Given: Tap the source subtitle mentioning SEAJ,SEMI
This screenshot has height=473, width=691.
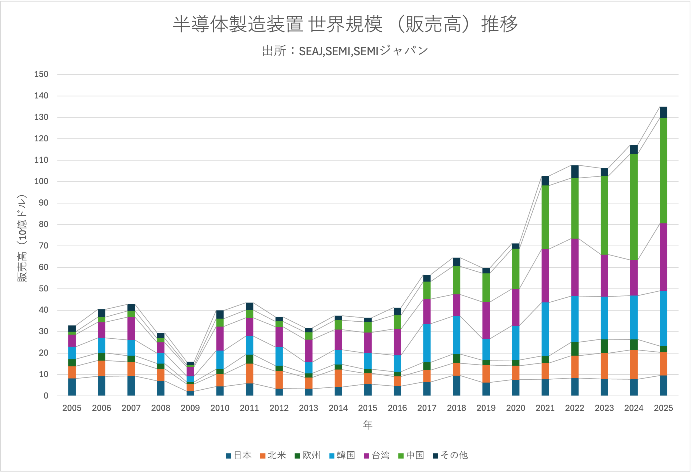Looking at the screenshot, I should pos(345,51).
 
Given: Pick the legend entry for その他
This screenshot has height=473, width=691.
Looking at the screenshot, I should pos(450,455).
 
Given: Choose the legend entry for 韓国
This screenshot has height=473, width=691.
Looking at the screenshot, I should pos(342,455).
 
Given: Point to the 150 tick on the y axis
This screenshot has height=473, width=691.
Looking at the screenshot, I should pos(41,74).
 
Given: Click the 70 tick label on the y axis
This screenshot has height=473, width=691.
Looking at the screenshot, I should pos(43,246).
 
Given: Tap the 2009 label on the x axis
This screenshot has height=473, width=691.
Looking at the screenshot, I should pos(190,408).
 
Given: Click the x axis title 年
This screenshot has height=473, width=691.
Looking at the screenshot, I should pos(368,425).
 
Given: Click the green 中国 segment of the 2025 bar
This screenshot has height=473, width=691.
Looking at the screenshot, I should pos(663,170).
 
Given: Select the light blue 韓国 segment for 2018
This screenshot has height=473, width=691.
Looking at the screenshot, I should pos(456,335).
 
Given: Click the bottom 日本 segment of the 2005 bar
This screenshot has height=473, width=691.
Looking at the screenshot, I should pos(72,387).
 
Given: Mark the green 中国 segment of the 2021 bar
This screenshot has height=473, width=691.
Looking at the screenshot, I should pos(545,217).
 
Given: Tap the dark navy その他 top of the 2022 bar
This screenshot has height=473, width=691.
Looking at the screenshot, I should pos(575,172).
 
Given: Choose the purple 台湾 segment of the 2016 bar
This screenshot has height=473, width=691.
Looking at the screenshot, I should pos(397,342).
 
